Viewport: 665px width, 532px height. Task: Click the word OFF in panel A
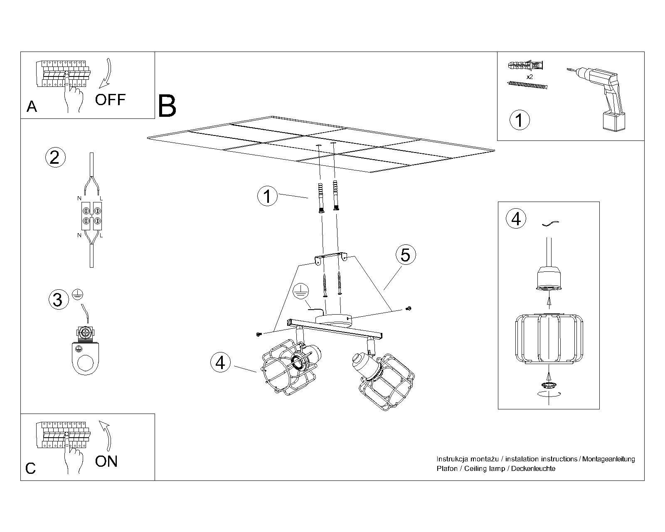[110, 100]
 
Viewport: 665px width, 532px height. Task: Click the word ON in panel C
[106, 461]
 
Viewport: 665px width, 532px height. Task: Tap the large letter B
[167, 106]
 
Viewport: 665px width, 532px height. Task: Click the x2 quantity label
[530, 77]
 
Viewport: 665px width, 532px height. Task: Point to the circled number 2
[55, 158]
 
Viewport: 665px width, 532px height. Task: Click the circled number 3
[58, 299]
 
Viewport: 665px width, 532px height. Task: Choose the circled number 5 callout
[405, 254]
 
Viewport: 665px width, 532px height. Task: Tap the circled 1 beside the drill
[519, 120]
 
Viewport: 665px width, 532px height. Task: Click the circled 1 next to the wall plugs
[267, 196]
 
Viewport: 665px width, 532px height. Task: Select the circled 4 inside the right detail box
[516, 219]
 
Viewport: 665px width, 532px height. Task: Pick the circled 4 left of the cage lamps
[220, 362]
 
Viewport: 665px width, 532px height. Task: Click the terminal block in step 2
[91, 216]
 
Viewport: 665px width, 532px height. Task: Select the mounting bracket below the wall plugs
[331, 258]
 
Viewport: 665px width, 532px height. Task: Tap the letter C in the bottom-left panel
[31, 468]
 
